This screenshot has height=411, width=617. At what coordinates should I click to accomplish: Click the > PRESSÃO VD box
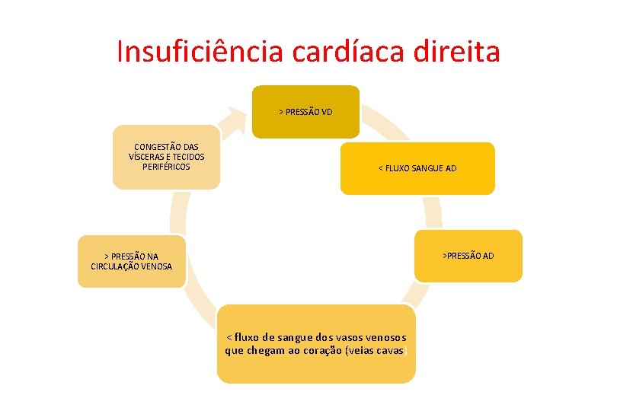pyautogui.click(x=305, y=112)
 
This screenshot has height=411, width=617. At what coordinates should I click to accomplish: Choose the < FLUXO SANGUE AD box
pyautogui.click(x=417, y=168)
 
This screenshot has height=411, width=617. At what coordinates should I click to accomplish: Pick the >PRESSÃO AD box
pyautogui.click(x=468, y=256)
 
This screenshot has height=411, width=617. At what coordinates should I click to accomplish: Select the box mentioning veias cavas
pyautogui.click(x=316, y=343)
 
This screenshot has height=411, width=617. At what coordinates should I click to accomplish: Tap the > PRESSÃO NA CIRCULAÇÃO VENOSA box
pyautogui.click(x=131, y=261)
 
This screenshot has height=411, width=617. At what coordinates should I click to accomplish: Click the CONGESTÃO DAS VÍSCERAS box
pyautogui.click(x=166, y=156)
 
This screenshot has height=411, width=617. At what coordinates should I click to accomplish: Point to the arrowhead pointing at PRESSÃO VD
pyautogui.click(x=238, y=114)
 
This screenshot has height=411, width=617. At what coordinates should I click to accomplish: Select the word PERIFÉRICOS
pyautogui.click(x=167, y=166)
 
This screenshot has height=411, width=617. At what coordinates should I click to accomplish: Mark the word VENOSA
pyautogui.click(x=156, y=266)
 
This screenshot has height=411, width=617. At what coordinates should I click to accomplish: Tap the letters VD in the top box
pyautogui.click(x=327, y=112)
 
